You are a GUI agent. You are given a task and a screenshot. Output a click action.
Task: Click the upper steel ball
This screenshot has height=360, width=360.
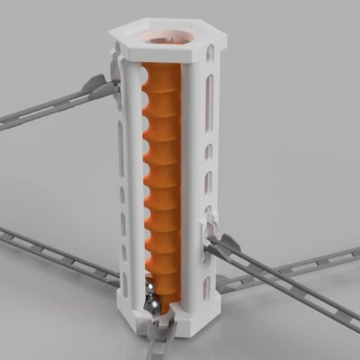148,287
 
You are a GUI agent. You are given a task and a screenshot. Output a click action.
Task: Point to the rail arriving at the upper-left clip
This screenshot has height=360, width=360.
45,108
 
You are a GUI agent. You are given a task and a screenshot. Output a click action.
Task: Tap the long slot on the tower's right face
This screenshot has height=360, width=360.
211,100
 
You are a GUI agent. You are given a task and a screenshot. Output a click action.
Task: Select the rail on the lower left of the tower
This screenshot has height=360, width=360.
54,252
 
